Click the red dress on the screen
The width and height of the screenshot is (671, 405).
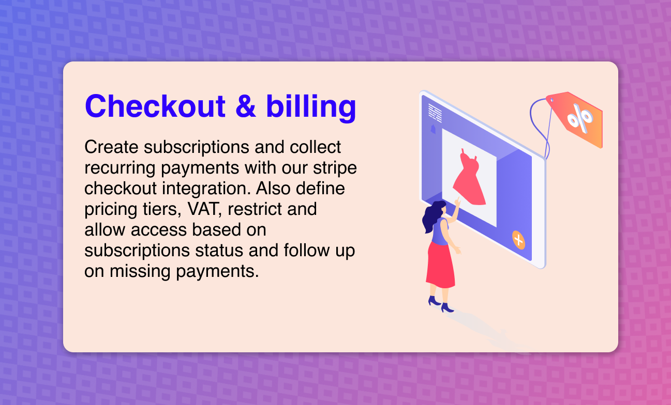coord(469,178)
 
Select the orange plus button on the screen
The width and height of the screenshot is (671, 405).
coord(518,240)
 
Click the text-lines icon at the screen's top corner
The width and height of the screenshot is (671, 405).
coord(435,113)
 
